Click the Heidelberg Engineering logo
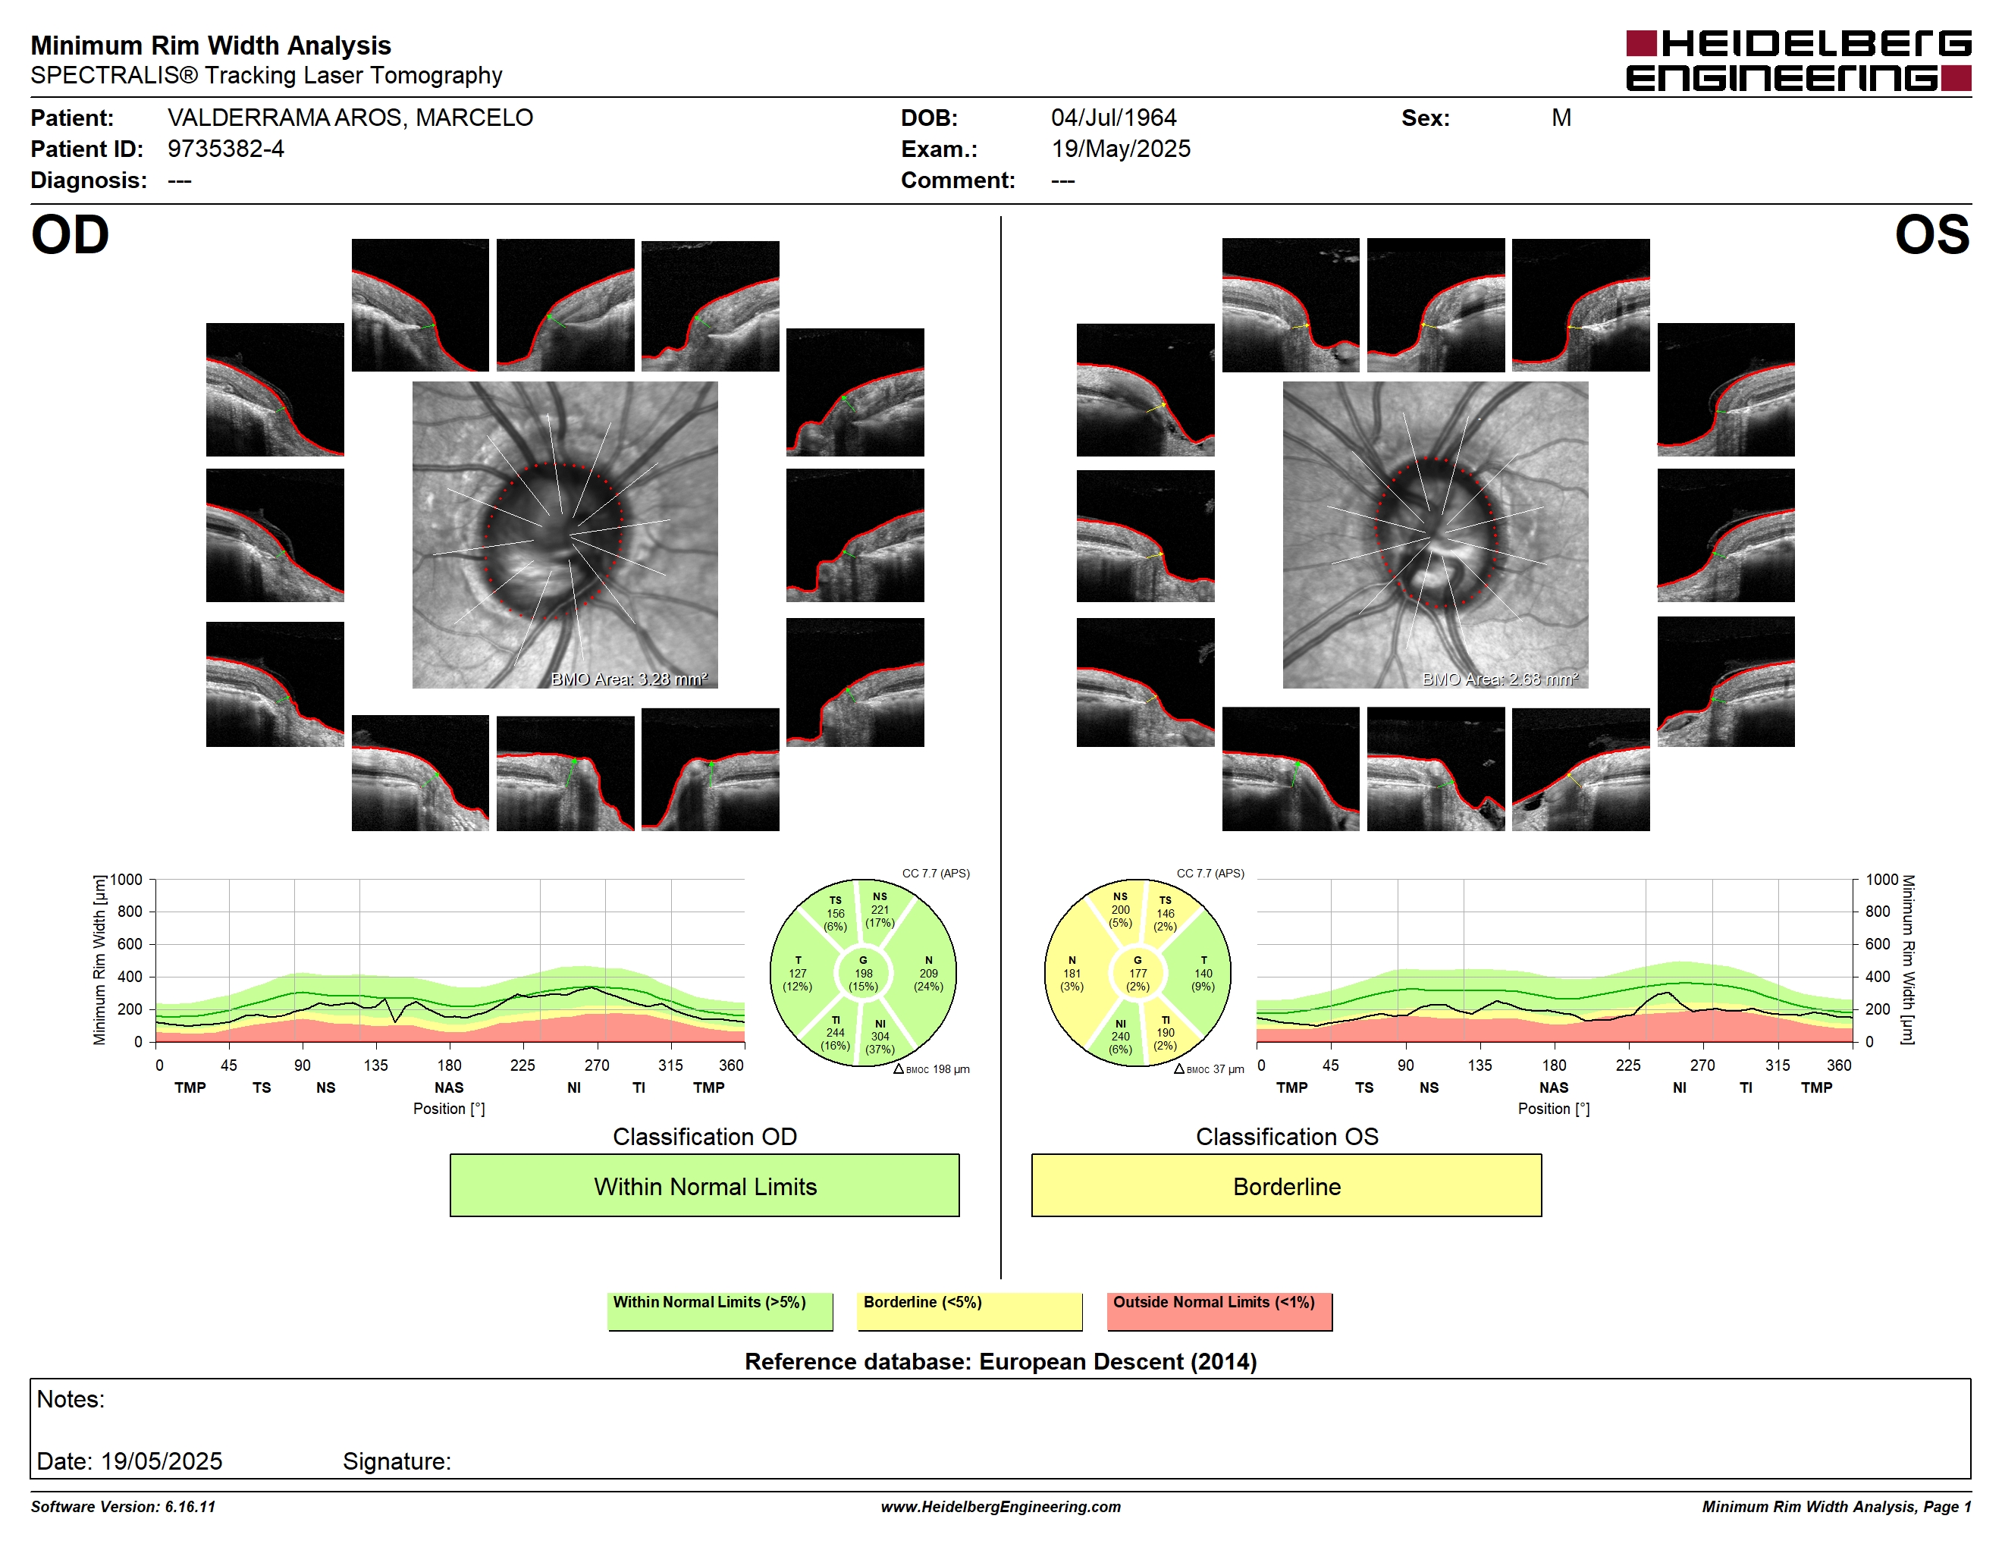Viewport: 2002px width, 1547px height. coord(1799,61)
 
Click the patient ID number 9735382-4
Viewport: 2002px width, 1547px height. coord(225,149)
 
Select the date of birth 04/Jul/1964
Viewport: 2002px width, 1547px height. coord(1114,118)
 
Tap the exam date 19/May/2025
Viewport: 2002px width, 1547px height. coord(1121,149)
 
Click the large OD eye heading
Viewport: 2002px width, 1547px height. coord(70,236)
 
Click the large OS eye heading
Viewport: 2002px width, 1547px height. coord(1932,236)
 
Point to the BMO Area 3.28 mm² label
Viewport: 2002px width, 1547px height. coord(629,679)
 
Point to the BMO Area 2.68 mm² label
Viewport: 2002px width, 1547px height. coord(1500,679)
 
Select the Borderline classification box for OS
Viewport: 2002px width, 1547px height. coord(1286,1185)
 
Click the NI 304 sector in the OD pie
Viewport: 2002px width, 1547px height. coord(882,1036)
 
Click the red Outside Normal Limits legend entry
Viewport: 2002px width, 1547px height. coord(1219,1310)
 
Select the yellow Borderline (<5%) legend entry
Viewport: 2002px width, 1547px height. coord(969,1310)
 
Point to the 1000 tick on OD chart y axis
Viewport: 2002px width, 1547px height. coord(127,880)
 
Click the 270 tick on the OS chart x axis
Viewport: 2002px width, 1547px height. coord(1702,1065)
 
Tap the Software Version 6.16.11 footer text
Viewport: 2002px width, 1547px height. coord(123,1507)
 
